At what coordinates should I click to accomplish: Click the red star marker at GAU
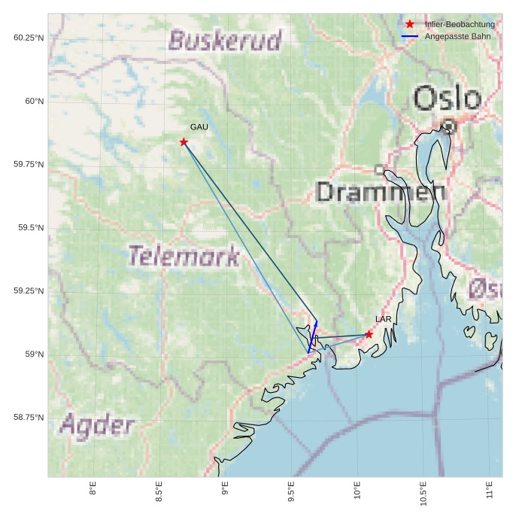184,142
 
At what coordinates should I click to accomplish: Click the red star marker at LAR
369,334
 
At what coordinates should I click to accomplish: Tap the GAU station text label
199,127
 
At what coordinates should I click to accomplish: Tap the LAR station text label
384,319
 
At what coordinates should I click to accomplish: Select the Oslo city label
447,99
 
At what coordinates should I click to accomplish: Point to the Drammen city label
380,191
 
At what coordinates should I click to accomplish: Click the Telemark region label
184,256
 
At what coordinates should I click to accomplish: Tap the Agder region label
96,426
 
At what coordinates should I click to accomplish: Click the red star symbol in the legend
410,24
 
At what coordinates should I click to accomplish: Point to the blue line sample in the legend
410,36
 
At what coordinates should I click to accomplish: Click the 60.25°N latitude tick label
29,38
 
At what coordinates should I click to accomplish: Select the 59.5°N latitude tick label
29,227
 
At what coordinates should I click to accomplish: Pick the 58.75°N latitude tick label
29,417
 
